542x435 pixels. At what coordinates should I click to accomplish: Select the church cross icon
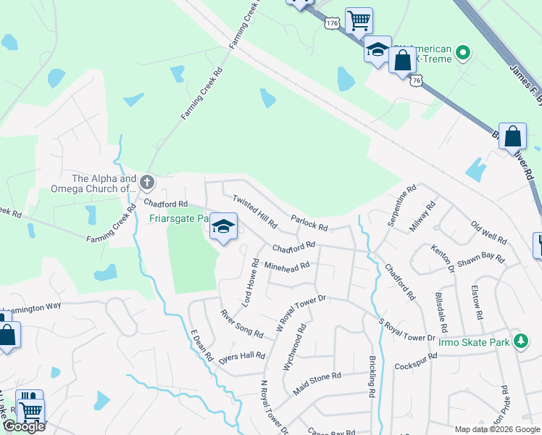click(x=147, y=181)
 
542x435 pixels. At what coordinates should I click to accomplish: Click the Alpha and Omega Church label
click(x=104, y=184)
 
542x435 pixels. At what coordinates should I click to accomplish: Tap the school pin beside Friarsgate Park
click(x=224, y=228)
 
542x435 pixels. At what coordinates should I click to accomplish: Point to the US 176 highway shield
click(x=333, y=24)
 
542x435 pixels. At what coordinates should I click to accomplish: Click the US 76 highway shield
click(x=415, y=81)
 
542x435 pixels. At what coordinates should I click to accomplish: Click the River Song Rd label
click(x=242, y=323)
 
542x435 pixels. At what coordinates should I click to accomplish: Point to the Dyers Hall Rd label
click(x=242, y=356)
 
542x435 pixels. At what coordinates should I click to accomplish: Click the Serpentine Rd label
click(x=401, y=204)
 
